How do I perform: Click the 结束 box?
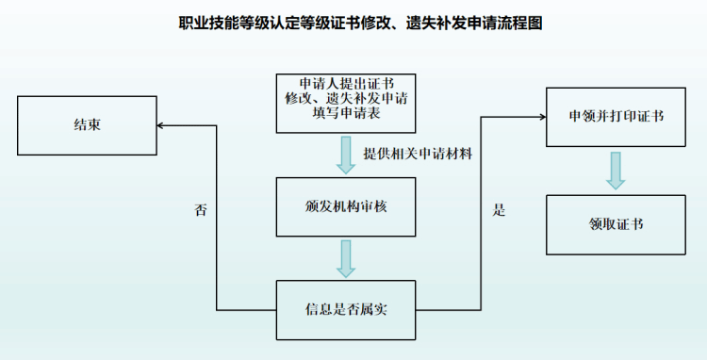click(x=87, y=124)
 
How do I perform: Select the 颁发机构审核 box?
click(x=345, y=207)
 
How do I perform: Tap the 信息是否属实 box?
click(x=345, y=310)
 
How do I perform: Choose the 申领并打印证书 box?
click(x=616, y=116)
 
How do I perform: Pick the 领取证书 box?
click(x=616, y=224)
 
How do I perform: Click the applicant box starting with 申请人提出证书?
click(x=345, y=103)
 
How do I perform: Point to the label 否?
click(x=200, y=210)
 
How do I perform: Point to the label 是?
click(x=499, y=210)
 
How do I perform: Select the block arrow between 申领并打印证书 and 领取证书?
click(x=616, y=170)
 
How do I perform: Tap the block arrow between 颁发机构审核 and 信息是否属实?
click(x=346, y=258)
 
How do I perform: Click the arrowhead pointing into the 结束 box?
click(x=161, y=124)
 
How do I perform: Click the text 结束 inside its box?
click(x=87, y=124)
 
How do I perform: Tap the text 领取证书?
click(x=616, y=224)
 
